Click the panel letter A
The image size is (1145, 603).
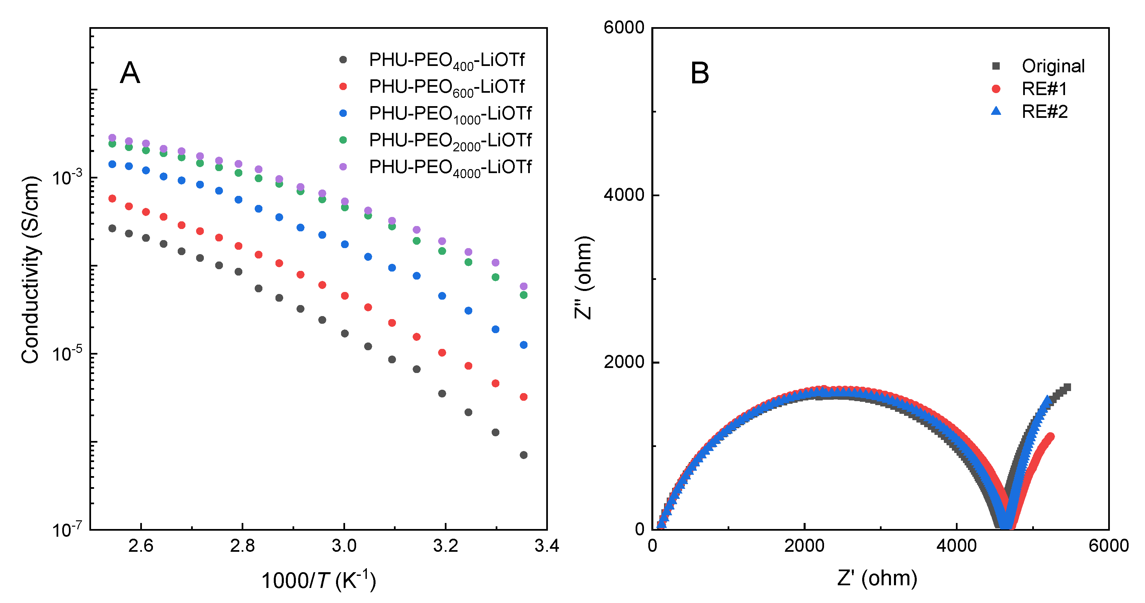130,73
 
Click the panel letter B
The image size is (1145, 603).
699,73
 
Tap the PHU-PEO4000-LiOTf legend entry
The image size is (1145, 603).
450,167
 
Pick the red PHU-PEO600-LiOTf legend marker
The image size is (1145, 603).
343,87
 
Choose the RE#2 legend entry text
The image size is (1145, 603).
1044,111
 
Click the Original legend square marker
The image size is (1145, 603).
996,66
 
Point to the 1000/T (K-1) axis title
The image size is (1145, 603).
319,580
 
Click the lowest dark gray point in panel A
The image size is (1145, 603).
523,455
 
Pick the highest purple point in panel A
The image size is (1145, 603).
112,138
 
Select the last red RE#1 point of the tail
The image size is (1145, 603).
1050,436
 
